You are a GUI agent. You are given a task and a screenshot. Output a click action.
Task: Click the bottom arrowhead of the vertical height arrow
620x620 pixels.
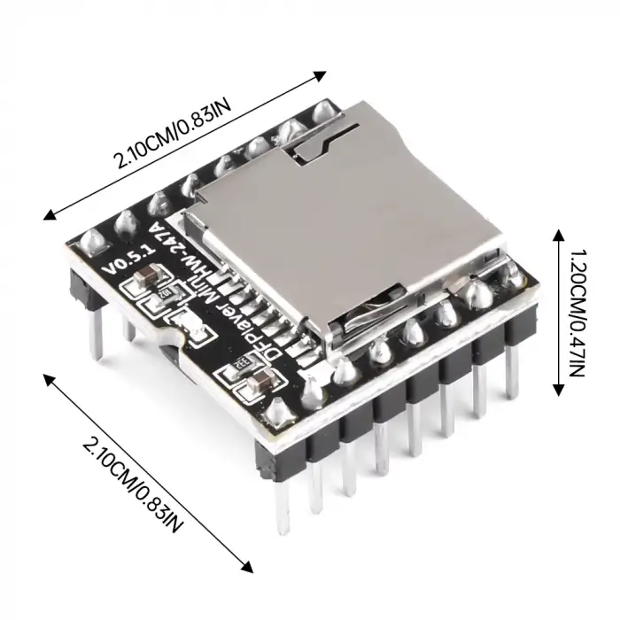tap(557, 391)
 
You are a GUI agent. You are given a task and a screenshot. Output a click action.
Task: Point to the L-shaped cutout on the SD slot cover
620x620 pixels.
tap(314, 142)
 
